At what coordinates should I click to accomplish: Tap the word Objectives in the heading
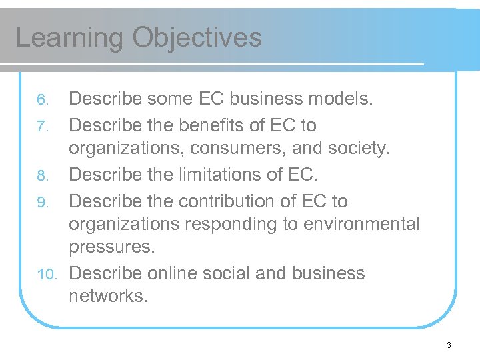[x=197, y=38]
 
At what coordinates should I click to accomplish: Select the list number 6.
[x=42, y=101]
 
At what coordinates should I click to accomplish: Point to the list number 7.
[x=42, y=126]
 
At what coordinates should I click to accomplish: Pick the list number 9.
[x=42, y=202]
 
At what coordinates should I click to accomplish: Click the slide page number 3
[x=449, y=345]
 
